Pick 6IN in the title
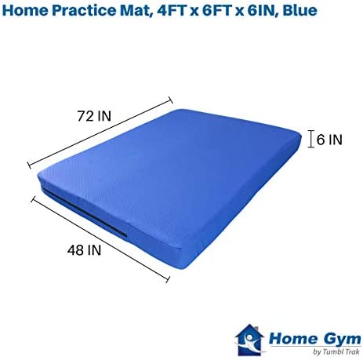coord(262,11)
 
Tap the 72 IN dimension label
coord(94,116)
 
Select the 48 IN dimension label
coord(84,250)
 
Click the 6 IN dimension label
coord(329,140)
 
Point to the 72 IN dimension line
coord(100,133)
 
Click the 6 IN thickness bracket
coord(310,139)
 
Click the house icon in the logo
coord(249,340)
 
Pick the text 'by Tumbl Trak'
coord(336,351)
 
